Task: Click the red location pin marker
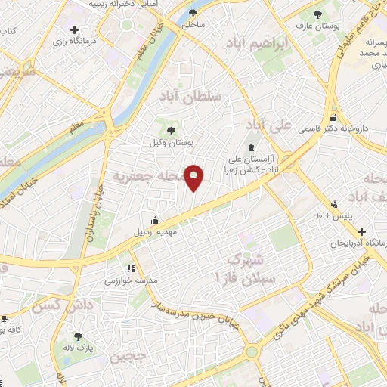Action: point(194,177)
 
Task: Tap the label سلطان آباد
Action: point(188,97)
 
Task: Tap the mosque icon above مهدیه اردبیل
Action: point(155,220)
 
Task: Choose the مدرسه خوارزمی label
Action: point(132,280)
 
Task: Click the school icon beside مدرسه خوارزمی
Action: point(131,268)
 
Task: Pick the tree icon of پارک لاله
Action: point(76,337)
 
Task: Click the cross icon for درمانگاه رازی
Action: point(73,29)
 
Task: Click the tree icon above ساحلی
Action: point(194,13)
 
